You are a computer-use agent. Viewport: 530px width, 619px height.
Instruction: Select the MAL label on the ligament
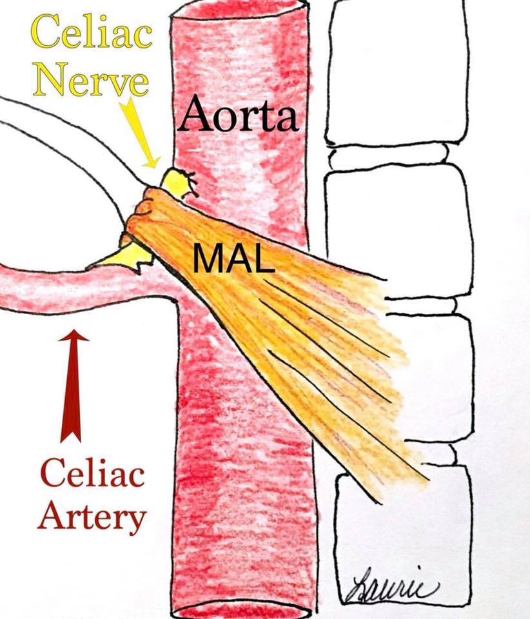tap(234, 258)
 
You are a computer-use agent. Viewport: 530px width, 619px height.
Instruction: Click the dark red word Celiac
tap(92, 475)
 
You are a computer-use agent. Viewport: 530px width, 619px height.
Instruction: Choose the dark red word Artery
tap(92, 515)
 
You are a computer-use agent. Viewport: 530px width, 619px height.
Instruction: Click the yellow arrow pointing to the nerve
tap(141, 133)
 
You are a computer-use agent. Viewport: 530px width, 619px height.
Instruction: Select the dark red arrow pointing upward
tap(74, 386)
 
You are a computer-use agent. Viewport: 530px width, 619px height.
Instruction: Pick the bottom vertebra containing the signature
tap(402, 541)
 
